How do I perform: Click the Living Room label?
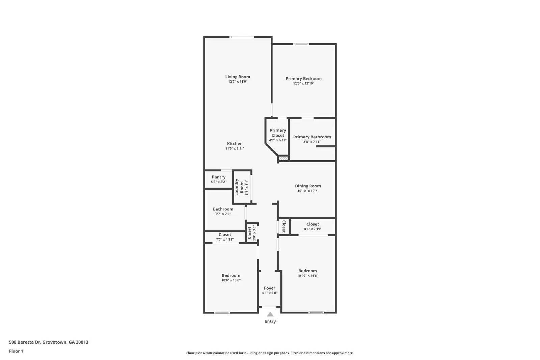(x=238, y=77)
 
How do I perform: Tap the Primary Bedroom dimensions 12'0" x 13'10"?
(x=303, y=83)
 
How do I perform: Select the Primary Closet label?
(x=278, y=133)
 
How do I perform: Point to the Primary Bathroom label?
(x=312, y=137)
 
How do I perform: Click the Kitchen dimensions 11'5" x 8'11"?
(x=235, y=148)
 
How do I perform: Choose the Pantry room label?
(x=219, y=177)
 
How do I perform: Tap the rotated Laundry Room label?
(x=239, y=187)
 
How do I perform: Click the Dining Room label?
(x=308, y=186)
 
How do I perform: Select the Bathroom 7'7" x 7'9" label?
(x=223, y=209)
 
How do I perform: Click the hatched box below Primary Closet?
(x=283, y=158)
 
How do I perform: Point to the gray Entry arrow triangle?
(x=270, y=314)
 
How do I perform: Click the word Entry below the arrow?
(x=270, y=322)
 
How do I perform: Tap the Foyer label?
(x=269, y=288)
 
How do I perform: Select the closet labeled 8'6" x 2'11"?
(x=313, y=226)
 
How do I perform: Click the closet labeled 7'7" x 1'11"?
(x=225, y=237)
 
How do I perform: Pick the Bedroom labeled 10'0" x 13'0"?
(x=231, y=278)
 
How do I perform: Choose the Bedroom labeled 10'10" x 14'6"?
(x=307, y=273)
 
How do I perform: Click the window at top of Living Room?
(x=241, y=37)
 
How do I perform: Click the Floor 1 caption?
(x=16, y=351)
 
